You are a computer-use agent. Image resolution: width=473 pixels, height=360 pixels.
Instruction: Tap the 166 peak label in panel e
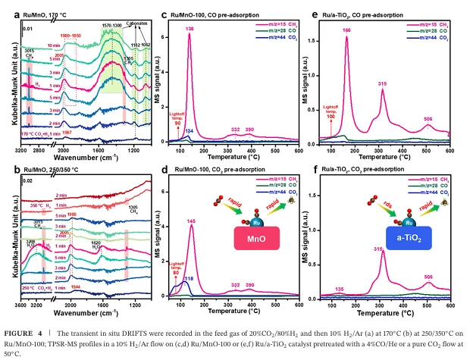click(346, 30)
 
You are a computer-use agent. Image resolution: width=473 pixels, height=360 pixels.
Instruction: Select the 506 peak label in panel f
click(428, 277)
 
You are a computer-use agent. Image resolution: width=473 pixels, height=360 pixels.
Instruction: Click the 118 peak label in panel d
click(189, 278)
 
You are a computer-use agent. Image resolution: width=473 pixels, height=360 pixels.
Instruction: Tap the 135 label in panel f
click(340, 290)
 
